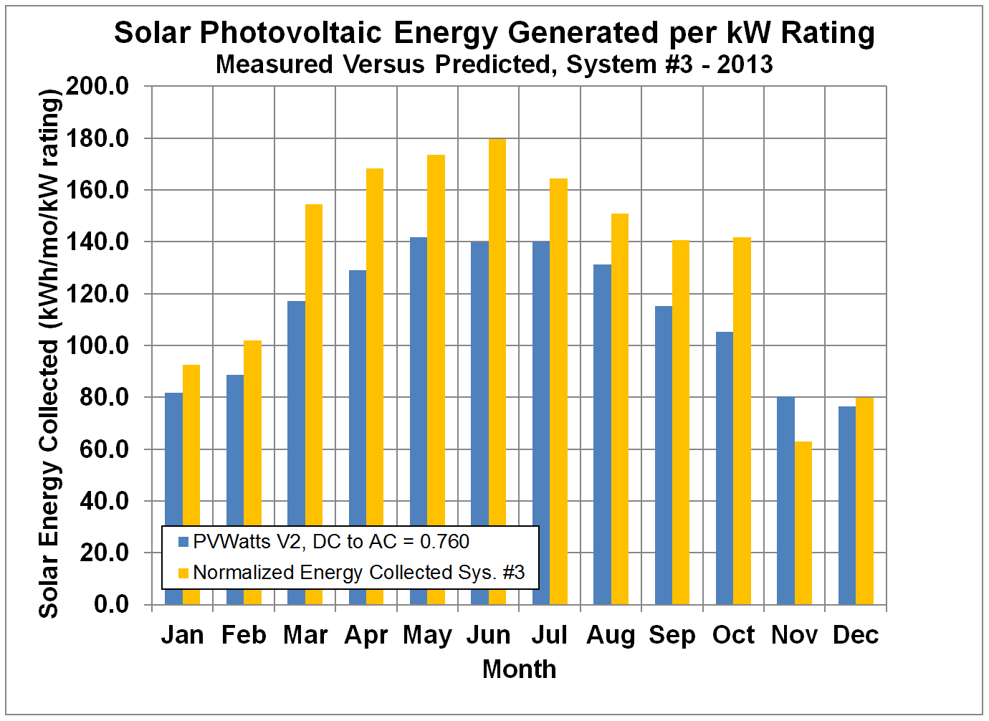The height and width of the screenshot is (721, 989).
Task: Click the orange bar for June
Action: pos(497,330)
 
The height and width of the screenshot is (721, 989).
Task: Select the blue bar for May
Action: pos(419,380)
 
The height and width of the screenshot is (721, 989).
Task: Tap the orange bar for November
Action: pos(803,523)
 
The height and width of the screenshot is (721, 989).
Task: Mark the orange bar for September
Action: pos(681,423)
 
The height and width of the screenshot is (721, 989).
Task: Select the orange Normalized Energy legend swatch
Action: pos(183,573)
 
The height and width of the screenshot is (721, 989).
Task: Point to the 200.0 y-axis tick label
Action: pos(97,87)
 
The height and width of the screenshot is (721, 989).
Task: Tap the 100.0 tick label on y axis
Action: pos(97,346)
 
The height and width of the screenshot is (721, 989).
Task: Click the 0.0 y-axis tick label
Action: pos(111,605)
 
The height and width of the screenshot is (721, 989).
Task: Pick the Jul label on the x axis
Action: pos(550,636)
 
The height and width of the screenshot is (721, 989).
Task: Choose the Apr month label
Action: pos(366,636)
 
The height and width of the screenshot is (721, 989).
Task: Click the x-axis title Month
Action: pos(519,669)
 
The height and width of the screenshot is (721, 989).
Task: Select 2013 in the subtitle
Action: pos(745,65)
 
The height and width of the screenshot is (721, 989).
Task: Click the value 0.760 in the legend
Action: pos(444,542)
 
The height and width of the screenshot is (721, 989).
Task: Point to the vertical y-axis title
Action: pos(49,353)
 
